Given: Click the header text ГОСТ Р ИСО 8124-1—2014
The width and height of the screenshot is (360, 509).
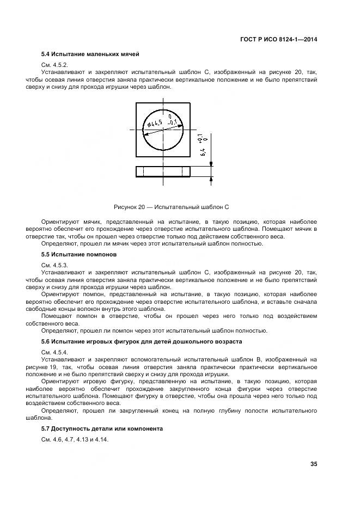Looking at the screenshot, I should [x=278, y=39].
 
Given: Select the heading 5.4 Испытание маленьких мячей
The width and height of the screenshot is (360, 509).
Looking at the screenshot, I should [x=90, y=54].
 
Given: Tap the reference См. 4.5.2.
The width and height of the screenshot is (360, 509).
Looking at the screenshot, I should [x=54, y=65].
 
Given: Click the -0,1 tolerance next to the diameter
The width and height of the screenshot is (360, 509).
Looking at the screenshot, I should [x=173, y=123].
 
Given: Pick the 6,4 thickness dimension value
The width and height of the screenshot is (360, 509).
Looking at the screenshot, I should [x=203, y=152].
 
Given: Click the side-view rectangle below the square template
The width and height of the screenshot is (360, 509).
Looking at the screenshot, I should [x=163, y=171].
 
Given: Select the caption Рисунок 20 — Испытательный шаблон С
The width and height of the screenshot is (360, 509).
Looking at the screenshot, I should [x=172, y=207].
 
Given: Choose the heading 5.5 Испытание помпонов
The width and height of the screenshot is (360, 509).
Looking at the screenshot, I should [x=78, y=254].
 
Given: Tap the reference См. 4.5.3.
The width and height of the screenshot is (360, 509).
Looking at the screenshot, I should [x=54, y=265].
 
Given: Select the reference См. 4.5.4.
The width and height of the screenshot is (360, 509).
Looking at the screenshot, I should [x=54, y=352].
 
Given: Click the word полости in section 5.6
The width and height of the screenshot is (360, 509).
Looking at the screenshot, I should [x=253, y=411].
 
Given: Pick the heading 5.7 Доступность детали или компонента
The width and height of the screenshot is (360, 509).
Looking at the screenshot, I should [x=102, y=429].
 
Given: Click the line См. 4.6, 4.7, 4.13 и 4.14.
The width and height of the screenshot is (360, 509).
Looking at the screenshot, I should [x=75, y=439].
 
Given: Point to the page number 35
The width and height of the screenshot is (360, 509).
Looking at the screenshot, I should [x=313, y=464].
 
